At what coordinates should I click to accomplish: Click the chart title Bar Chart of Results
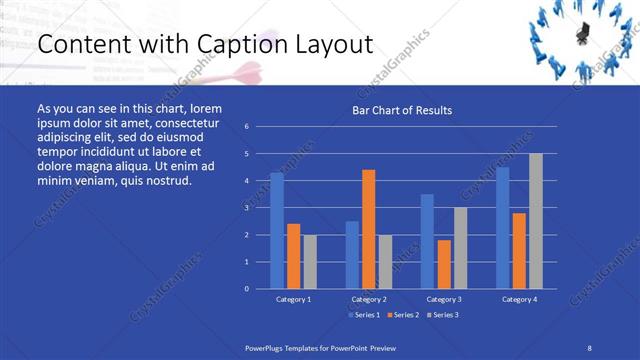coord(401,110)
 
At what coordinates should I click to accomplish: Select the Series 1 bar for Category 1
coord(277,230)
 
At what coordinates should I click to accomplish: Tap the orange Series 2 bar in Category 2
coord(369,229)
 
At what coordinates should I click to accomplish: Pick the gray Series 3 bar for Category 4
coord(536,221)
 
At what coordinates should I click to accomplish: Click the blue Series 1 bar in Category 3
coord(427,241)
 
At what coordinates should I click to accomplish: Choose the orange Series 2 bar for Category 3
coord(444,264)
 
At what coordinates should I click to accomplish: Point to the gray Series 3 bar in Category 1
coord(310,261)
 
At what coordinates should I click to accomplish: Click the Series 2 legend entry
coord(403,315)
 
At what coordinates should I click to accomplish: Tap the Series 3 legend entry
coord(443,315)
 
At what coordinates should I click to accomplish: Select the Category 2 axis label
coord(369,299)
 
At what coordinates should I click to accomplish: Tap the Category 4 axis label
coord(519,299)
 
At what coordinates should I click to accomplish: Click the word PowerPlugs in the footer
coord(266,346)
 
